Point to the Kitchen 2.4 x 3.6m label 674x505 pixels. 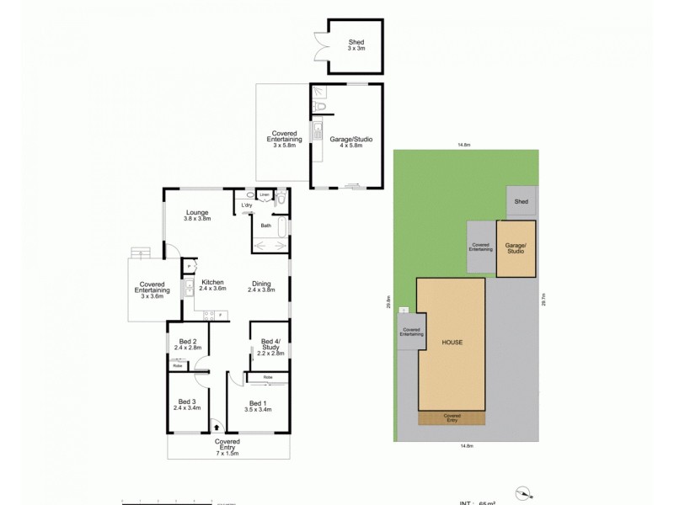point(213,285)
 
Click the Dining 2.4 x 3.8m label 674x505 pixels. point(262,285)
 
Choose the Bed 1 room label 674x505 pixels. point(258,405)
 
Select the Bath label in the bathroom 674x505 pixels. point(265,226)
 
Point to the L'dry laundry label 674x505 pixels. point(246,205)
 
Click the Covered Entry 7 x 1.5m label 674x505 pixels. point(227,445)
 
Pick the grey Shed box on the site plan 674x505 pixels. point(521,202)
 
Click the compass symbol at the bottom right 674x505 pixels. point(524,493)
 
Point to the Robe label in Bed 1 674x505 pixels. point(266,376)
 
